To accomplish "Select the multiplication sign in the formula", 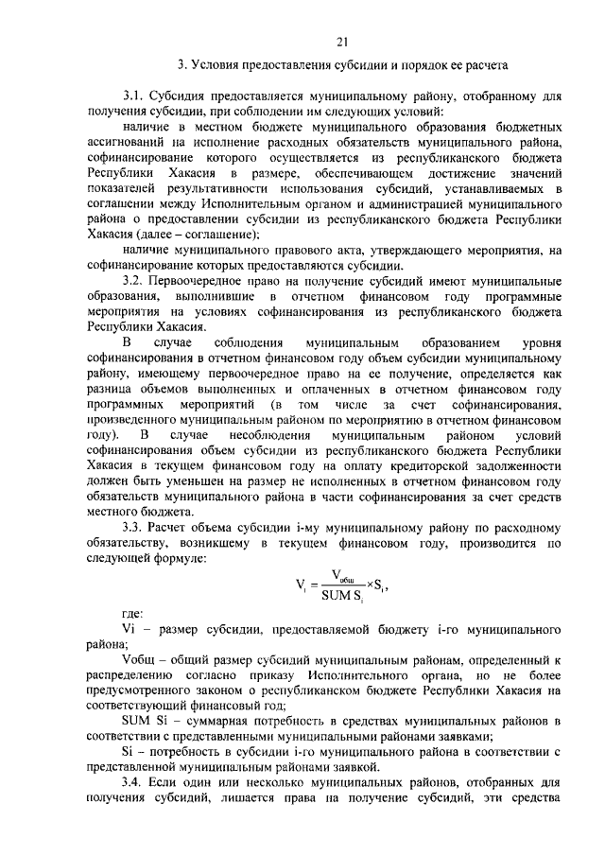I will (x=368, y=585).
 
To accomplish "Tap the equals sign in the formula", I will (x=312, y=585).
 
